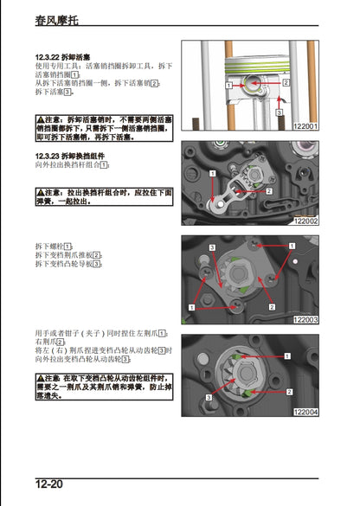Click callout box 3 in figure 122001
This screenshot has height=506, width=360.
coord(279,112)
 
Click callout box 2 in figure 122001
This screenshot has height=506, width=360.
coord(283,84)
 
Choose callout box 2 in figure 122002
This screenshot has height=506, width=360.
coord(269,190)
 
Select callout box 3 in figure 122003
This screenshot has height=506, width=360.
coord(213,248)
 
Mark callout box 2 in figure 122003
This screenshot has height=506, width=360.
coord(272,307)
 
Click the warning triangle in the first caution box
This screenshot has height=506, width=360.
coord(40,118)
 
